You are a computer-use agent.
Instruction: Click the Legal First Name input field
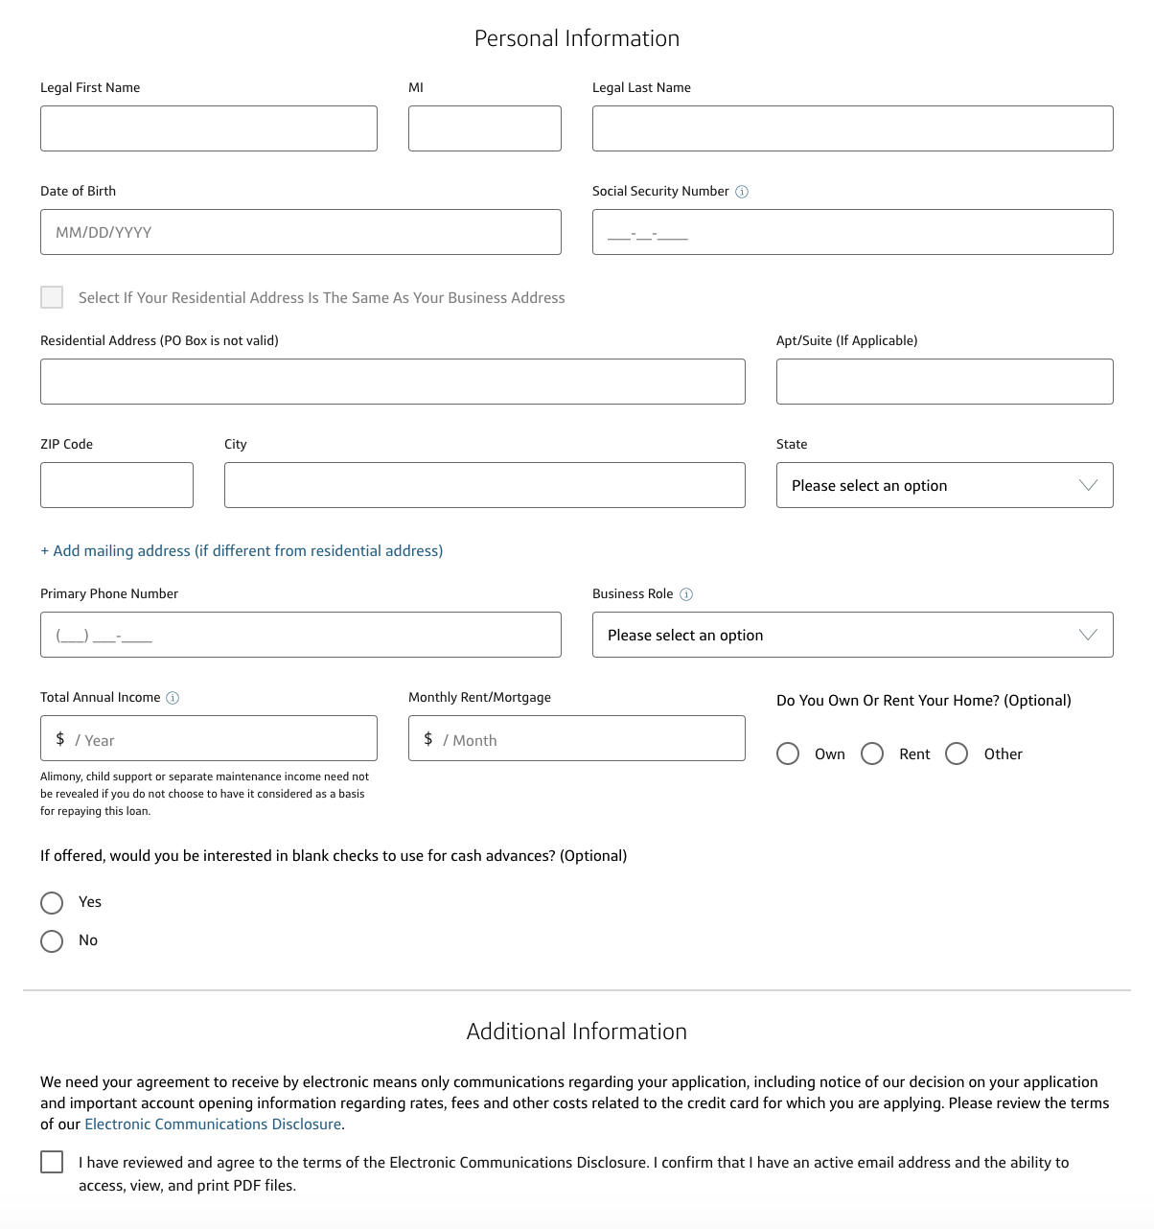[x=208, y=128]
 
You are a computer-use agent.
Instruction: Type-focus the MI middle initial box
[x=484, y=128]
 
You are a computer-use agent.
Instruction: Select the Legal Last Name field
[x=852, y=128]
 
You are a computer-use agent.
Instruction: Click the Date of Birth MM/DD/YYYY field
[x=300, y=232]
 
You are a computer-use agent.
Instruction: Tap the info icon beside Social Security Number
[x=742, y=192]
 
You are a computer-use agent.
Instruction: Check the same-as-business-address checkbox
[x=52, y=297]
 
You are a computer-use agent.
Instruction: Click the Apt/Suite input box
[x=944, y=382]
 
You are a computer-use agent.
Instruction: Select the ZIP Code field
[x=116, y=485]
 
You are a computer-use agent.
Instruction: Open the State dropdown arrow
[x=1088, y=485]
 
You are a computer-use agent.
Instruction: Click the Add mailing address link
[x=242, y=551]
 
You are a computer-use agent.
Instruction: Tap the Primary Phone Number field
[x=300, y=635]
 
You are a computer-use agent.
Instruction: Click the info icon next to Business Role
[x=686, y=594]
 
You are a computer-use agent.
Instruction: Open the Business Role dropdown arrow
[x=1088, y=635]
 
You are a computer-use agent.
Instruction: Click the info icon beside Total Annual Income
[x=173, y=698]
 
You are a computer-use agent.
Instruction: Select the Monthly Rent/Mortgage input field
[x=576, y=738]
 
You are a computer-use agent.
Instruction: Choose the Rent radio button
[x=872, y=754]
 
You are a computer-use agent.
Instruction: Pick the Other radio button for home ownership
[x=957, y=754]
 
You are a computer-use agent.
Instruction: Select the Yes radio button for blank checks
[x=52, y=903]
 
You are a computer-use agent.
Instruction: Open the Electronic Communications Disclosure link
[x=213, y=1125]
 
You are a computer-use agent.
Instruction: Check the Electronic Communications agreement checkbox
[x=52, y=1162]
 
